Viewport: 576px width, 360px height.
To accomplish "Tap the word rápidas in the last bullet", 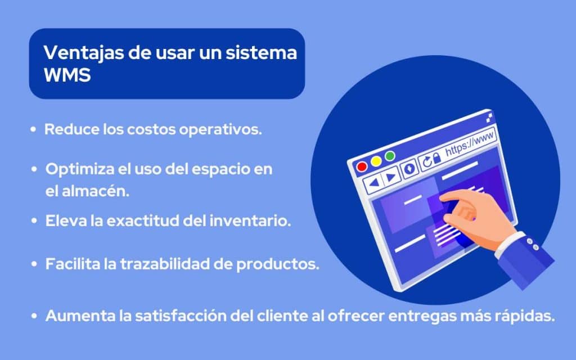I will click(521, 316).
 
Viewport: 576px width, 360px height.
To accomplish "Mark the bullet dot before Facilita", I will click(35, 264).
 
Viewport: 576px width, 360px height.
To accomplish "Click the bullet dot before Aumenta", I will click(35, 316).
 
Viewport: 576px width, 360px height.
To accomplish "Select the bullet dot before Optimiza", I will click(35, 169).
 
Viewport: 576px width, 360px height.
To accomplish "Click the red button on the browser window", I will click(362, 166).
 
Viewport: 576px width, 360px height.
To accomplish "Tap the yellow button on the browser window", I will click(376, 161).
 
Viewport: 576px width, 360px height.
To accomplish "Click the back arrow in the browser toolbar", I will click(374, 182).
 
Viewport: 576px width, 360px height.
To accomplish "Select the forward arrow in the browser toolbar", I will click(391, 177).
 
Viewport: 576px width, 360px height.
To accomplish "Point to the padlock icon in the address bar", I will click(438, 158).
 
